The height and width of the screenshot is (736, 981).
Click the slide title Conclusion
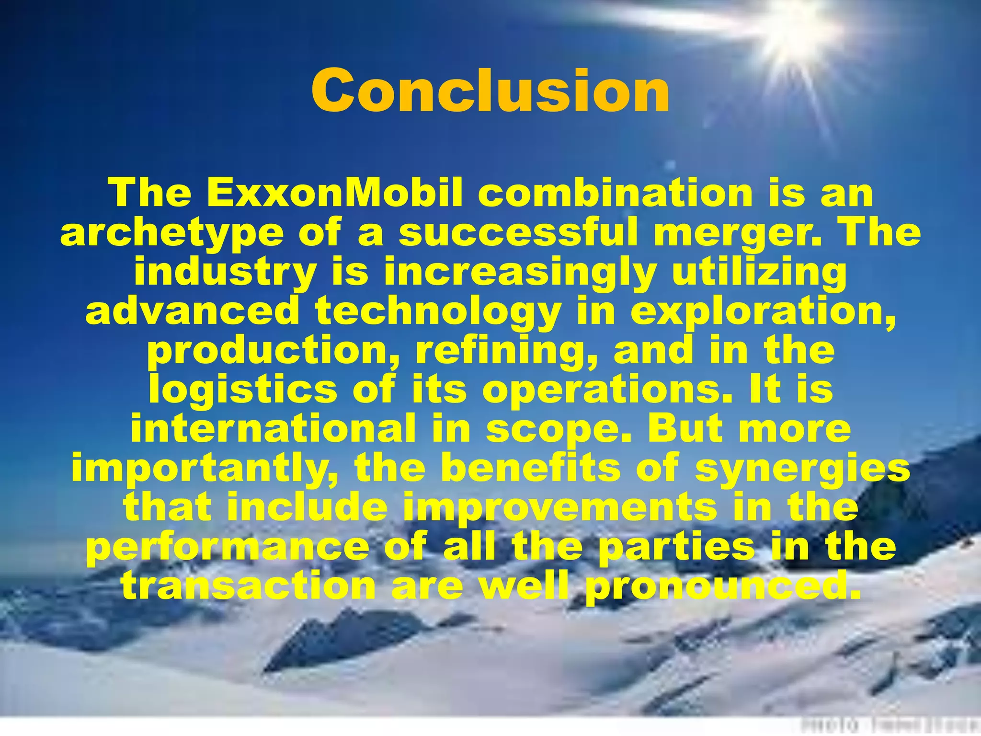[x=490, y=90]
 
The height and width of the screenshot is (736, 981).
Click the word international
[x=274, y=429]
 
